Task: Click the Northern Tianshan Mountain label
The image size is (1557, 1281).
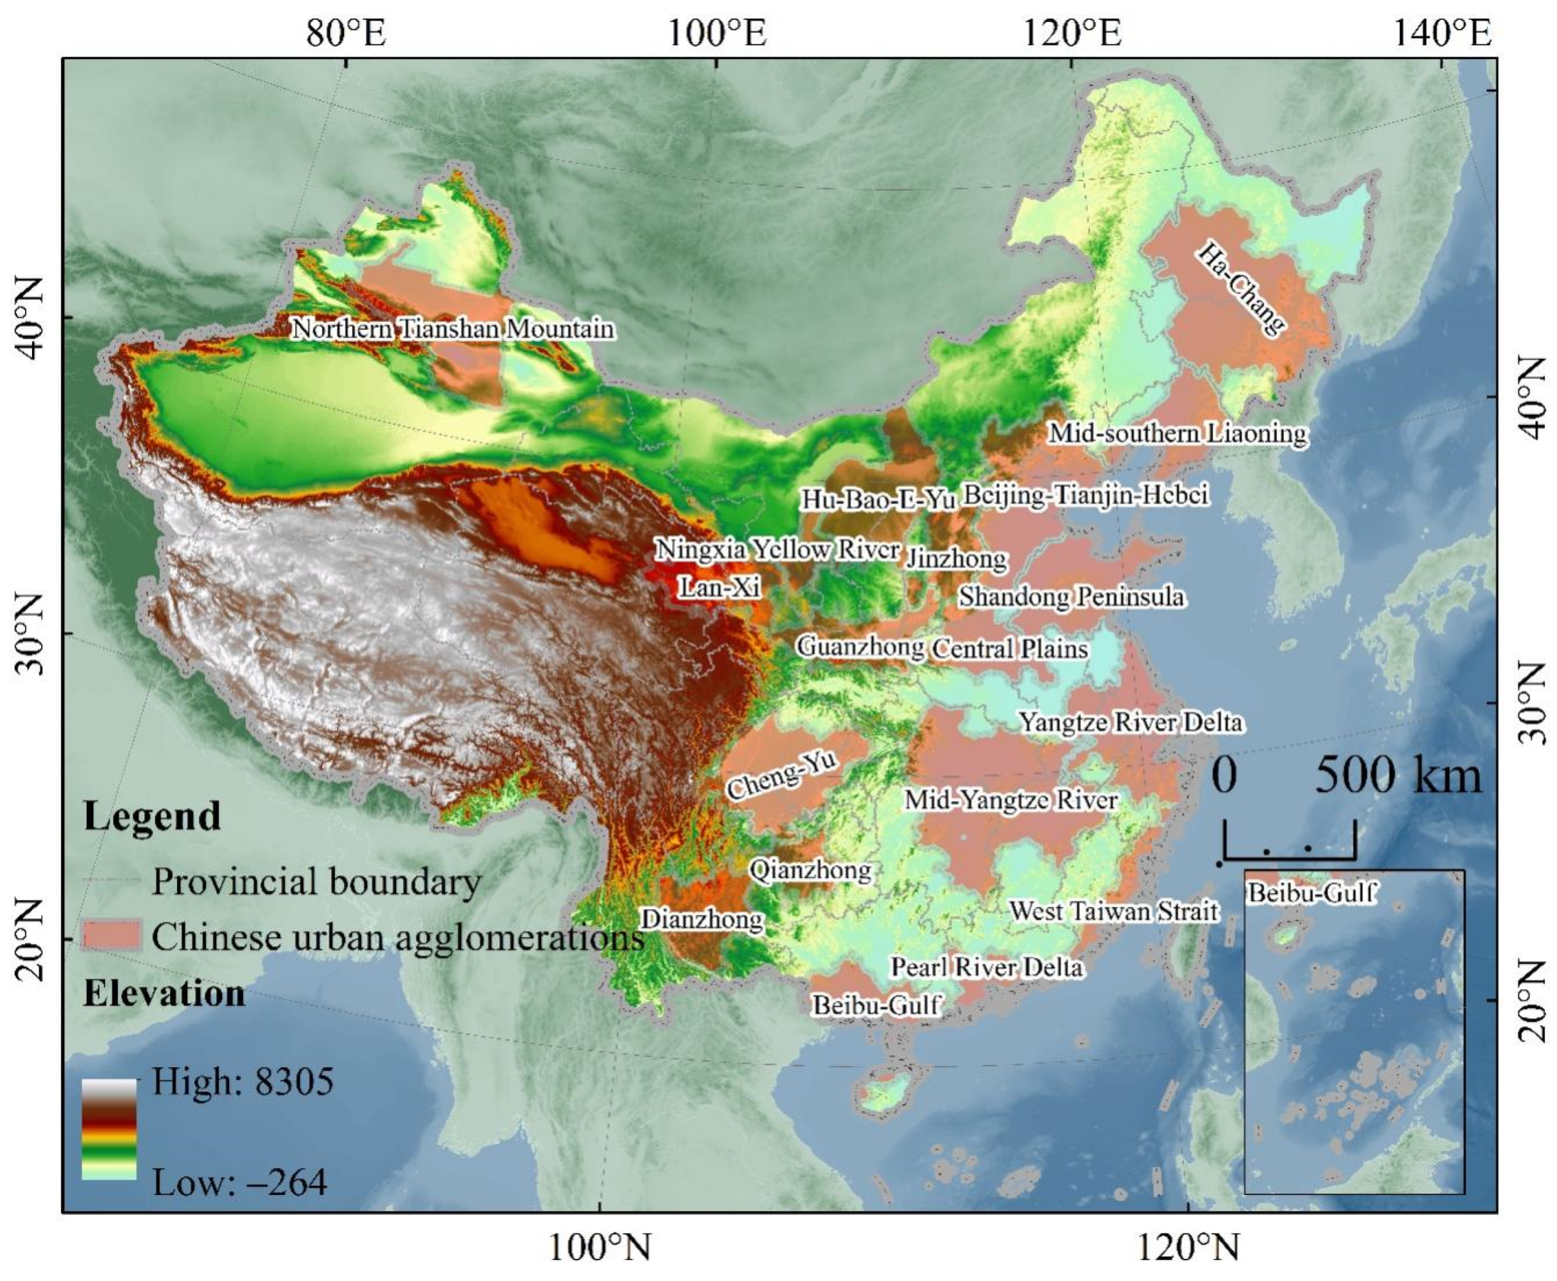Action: pos(452,328)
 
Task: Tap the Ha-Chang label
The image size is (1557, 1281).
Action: pos(1241,287)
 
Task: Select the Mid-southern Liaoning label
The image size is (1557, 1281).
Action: pos(1178,433)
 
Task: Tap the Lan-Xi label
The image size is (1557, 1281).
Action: pos(719,587)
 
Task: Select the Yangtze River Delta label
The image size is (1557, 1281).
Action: pos(1131,722)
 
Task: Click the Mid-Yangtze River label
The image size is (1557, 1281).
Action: pos(1011,800)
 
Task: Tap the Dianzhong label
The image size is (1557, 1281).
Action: pos(701,919)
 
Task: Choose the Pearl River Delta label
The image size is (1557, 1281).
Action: pos(987,966)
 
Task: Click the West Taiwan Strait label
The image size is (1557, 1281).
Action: pos(1113,911)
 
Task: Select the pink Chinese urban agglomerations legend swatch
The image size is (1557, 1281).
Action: pos(111,936)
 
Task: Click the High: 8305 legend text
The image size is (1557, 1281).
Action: pos(242,1083)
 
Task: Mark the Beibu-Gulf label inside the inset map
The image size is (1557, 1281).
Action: pos(1311,893)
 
